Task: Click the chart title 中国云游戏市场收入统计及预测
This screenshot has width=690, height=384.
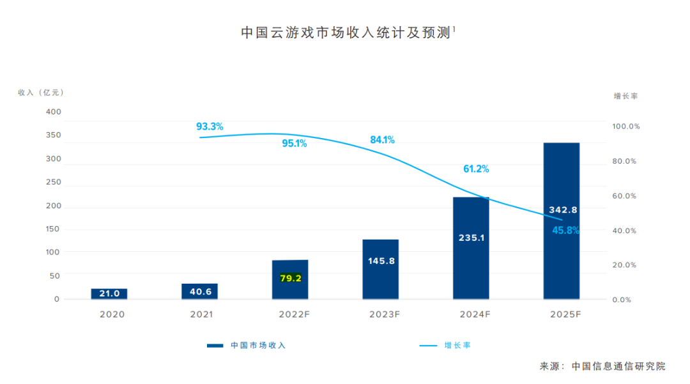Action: pos(345,33)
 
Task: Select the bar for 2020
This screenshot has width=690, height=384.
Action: pos(109,294)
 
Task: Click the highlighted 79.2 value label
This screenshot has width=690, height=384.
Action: pos(290,278)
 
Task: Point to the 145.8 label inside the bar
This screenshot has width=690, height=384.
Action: pos(381,261)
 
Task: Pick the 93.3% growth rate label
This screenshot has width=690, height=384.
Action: pos(210,127)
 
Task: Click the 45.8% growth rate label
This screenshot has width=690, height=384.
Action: pos(565,231)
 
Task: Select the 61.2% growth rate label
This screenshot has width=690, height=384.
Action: pos(476,169)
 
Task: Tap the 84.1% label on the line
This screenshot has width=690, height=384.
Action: pos(383,140)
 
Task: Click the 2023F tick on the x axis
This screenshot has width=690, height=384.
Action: pos(384,314)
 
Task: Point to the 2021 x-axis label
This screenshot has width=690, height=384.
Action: pos(202,314)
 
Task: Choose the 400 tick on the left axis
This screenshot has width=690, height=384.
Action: pos(54,112)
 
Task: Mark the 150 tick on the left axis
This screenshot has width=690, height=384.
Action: pos(54,229)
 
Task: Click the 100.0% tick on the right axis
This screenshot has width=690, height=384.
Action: pos(626,127)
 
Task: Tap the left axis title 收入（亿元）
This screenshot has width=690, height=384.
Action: pos(41,93)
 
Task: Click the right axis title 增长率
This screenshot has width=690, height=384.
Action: pos(625,96)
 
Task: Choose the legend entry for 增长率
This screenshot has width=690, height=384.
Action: pos(457,345)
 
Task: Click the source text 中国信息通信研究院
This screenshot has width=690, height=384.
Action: pos(618,366)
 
